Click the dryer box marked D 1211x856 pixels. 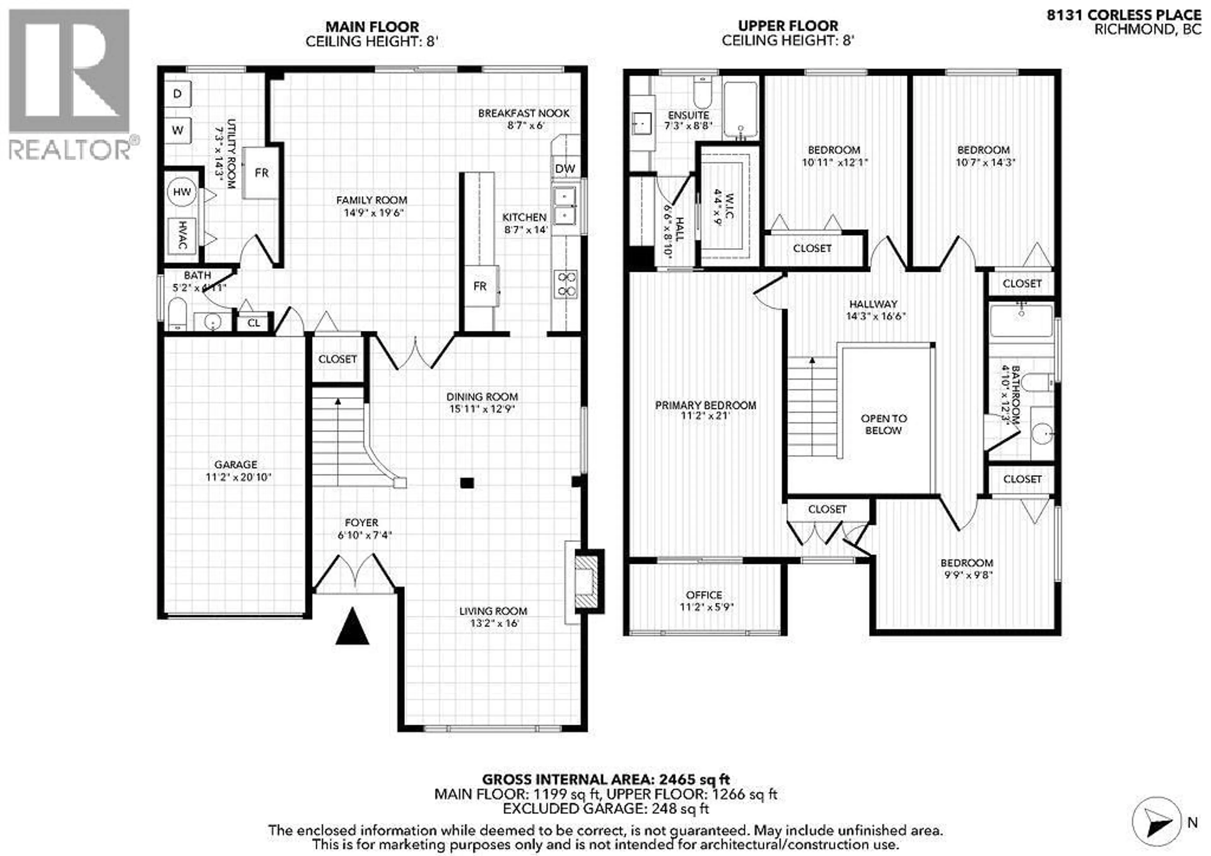[178, 94]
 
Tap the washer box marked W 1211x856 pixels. [178, 130]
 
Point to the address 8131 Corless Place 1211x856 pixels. [1123, 16]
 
